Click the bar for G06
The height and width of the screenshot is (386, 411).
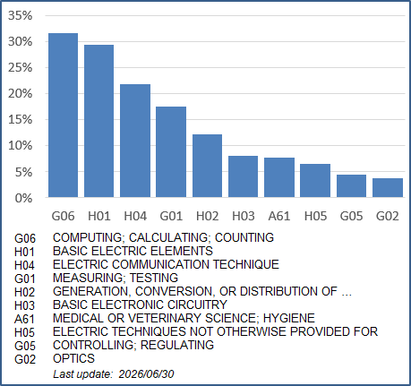coord(63,115)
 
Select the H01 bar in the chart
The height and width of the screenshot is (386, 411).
coord(98,121)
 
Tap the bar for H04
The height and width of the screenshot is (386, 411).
coord(135,141)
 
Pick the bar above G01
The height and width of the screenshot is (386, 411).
coord(171,151)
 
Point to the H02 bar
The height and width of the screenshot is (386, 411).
coord(207,166)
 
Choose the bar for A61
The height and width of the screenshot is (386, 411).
coord(279,177)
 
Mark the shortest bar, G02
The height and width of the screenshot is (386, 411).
coord(388,187)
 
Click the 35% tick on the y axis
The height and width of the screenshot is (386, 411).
coord(20,15)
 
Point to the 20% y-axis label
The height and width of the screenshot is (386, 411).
coord(20,94)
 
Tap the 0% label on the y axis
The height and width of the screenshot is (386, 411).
coord(23,198)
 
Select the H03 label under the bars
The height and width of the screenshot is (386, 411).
coord(244,216)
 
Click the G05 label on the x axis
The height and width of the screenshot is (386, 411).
coord(351,216)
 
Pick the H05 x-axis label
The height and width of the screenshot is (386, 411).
coord(315,216)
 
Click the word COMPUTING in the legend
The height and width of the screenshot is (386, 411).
coord(88,237)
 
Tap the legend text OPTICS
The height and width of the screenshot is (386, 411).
coord(73,358)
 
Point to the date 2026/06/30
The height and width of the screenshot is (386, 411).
coord(146,374)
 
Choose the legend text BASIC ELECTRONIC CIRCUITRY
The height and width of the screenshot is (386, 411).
coord(140,305)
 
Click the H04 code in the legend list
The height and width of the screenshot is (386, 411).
coord(24,265)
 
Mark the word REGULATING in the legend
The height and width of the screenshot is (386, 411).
coord(177,345)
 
